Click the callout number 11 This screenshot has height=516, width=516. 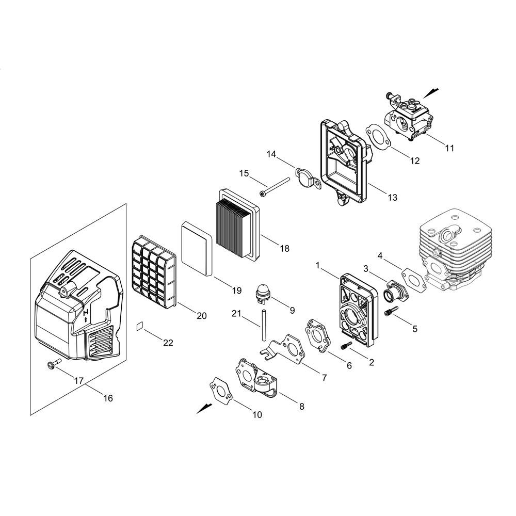tap(449, 148)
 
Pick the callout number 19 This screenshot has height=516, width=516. tap(237, 291)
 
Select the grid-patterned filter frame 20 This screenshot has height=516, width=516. tap(154, 272)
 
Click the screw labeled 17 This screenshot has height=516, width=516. tap(54, 363)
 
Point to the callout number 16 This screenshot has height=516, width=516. tap(108, 398)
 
